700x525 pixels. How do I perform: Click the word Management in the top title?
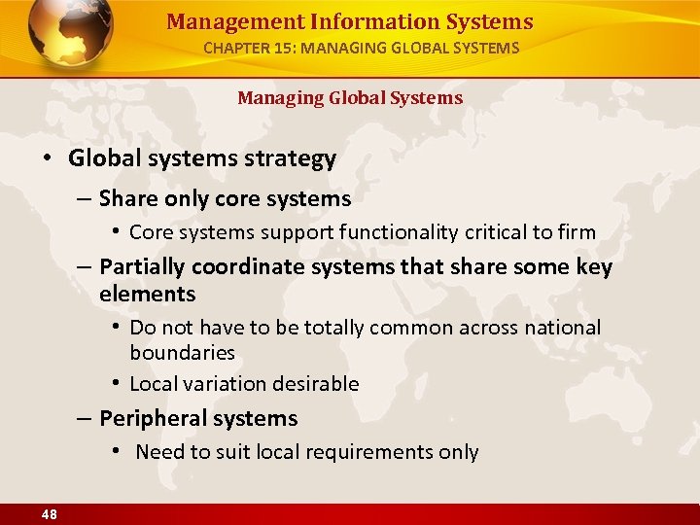(219, 21)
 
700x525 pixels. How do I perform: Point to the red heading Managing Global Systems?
(350, 97)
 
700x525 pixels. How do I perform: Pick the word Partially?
(142, 267)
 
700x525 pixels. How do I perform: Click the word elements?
(147, 294)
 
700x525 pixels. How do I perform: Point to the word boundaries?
(182, 352)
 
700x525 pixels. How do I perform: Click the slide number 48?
(49, 515)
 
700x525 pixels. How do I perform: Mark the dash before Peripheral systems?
(86, 419)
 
